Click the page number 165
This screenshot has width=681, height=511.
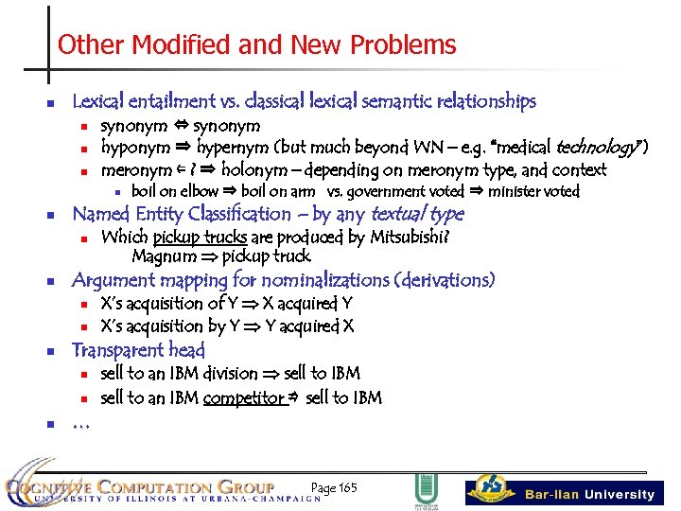(347, 488)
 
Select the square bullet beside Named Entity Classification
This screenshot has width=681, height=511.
(53, 215)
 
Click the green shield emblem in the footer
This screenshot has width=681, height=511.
(426, 488)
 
